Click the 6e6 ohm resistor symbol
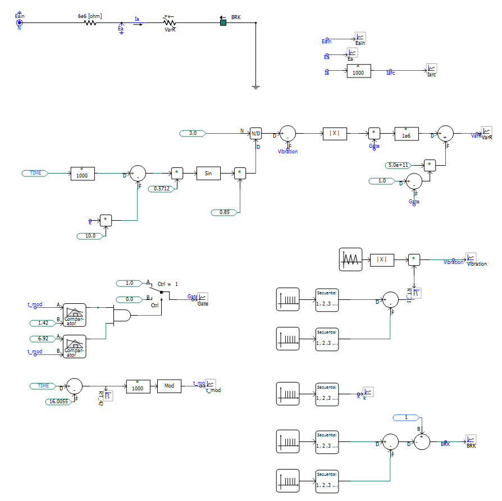[90, 23]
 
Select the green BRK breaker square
[223, 23]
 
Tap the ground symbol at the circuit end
[255, 87]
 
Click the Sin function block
[208, 174]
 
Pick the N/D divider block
[255, 133]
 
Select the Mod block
[169, 386]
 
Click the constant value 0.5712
[162, 189]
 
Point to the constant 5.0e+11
[399, 165]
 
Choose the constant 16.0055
[57, 401]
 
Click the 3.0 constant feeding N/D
[193, 133]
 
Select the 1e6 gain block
[406, 133]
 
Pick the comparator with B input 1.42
[74, 316]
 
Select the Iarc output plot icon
[431, 69]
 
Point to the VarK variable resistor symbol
[170, 23]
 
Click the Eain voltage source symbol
[19, 23]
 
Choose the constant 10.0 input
[90, 236]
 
